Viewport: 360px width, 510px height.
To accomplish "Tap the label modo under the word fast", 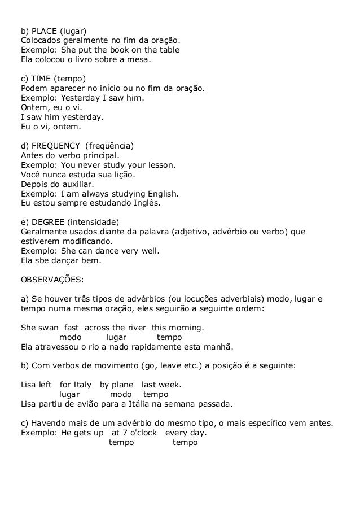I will [70, 337].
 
